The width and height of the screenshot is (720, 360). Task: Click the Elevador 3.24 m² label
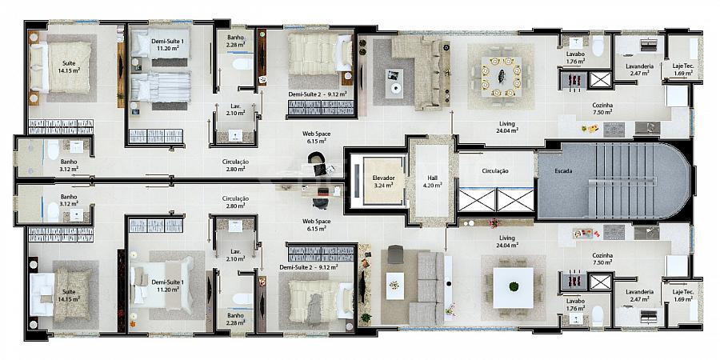coord(382,181)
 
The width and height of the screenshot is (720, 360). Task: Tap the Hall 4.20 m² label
coord(432,181)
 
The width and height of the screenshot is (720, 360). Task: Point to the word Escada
coord(563,171)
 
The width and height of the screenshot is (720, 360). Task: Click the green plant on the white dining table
coord(514,286)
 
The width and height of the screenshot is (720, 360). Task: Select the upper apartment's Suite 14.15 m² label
coord(70,66)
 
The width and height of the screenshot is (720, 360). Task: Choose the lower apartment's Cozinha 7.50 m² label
coord(602,258)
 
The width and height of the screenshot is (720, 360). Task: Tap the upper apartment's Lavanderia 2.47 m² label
coord(639,69)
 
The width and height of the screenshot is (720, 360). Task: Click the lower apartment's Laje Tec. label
coord(682,291)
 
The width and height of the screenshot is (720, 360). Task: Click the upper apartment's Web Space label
coord(316,134)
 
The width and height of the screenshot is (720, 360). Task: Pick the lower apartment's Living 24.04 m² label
coord(507,241)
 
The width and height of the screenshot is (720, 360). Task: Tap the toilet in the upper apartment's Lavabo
coord(598,46)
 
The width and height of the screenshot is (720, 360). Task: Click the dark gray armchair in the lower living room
coord(395,254)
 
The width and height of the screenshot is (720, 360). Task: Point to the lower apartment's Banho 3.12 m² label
coord(69,200)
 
